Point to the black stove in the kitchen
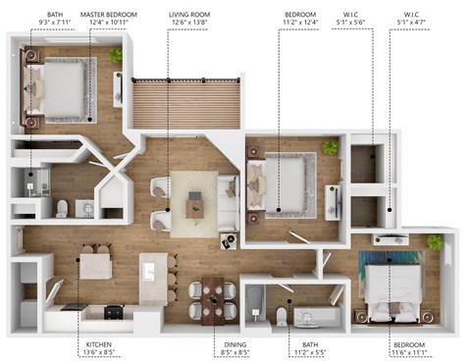113,312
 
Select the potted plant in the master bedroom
117,56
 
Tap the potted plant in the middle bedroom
331,147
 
